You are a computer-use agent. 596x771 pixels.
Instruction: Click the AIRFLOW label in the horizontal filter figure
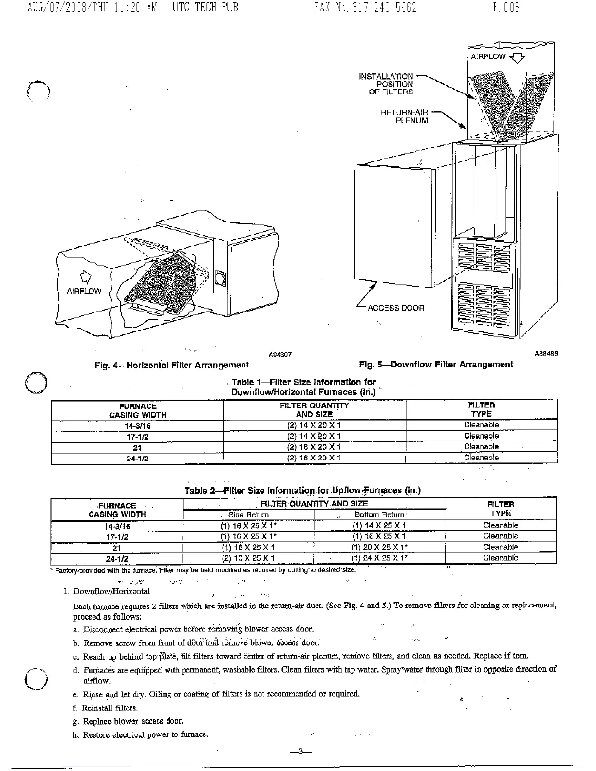[84, 291]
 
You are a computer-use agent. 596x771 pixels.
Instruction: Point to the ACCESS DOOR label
[395, 308]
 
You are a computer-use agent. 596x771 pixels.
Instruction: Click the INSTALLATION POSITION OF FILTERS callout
[386, 84]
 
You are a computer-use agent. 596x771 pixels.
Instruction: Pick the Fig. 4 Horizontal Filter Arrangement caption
[171, 365]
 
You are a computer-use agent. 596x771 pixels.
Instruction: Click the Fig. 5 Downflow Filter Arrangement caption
[436, 364]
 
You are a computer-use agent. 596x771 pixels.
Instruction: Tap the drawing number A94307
[280, 355]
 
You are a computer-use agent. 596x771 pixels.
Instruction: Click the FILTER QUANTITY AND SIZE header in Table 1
[314, 410]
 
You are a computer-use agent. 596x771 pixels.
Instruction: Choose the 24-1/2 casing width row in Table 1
[137, 459]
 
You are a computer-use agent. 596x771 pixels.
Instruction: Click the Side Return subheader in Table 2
[248, 514]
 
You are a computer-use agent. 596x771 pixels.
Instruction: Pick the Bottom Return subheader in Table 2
[379, 514]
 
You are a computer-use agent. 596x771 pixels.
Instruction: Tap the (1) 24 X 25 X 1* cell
[379, 558]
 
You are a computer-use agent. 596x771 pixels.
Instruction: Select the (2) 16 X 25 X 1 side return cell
[248, 558]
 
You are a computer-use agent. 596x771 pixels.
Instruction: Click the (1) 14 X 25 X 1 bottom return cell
[379, 525]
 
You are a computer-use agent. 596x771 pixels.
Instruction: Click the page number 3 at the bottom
[300, 752]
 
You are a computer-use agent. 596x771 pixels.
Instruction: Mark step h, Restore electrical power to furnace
[141, 734]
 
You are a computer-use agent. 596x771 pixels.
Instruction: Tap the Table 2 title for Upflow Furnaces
[302, 490]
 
